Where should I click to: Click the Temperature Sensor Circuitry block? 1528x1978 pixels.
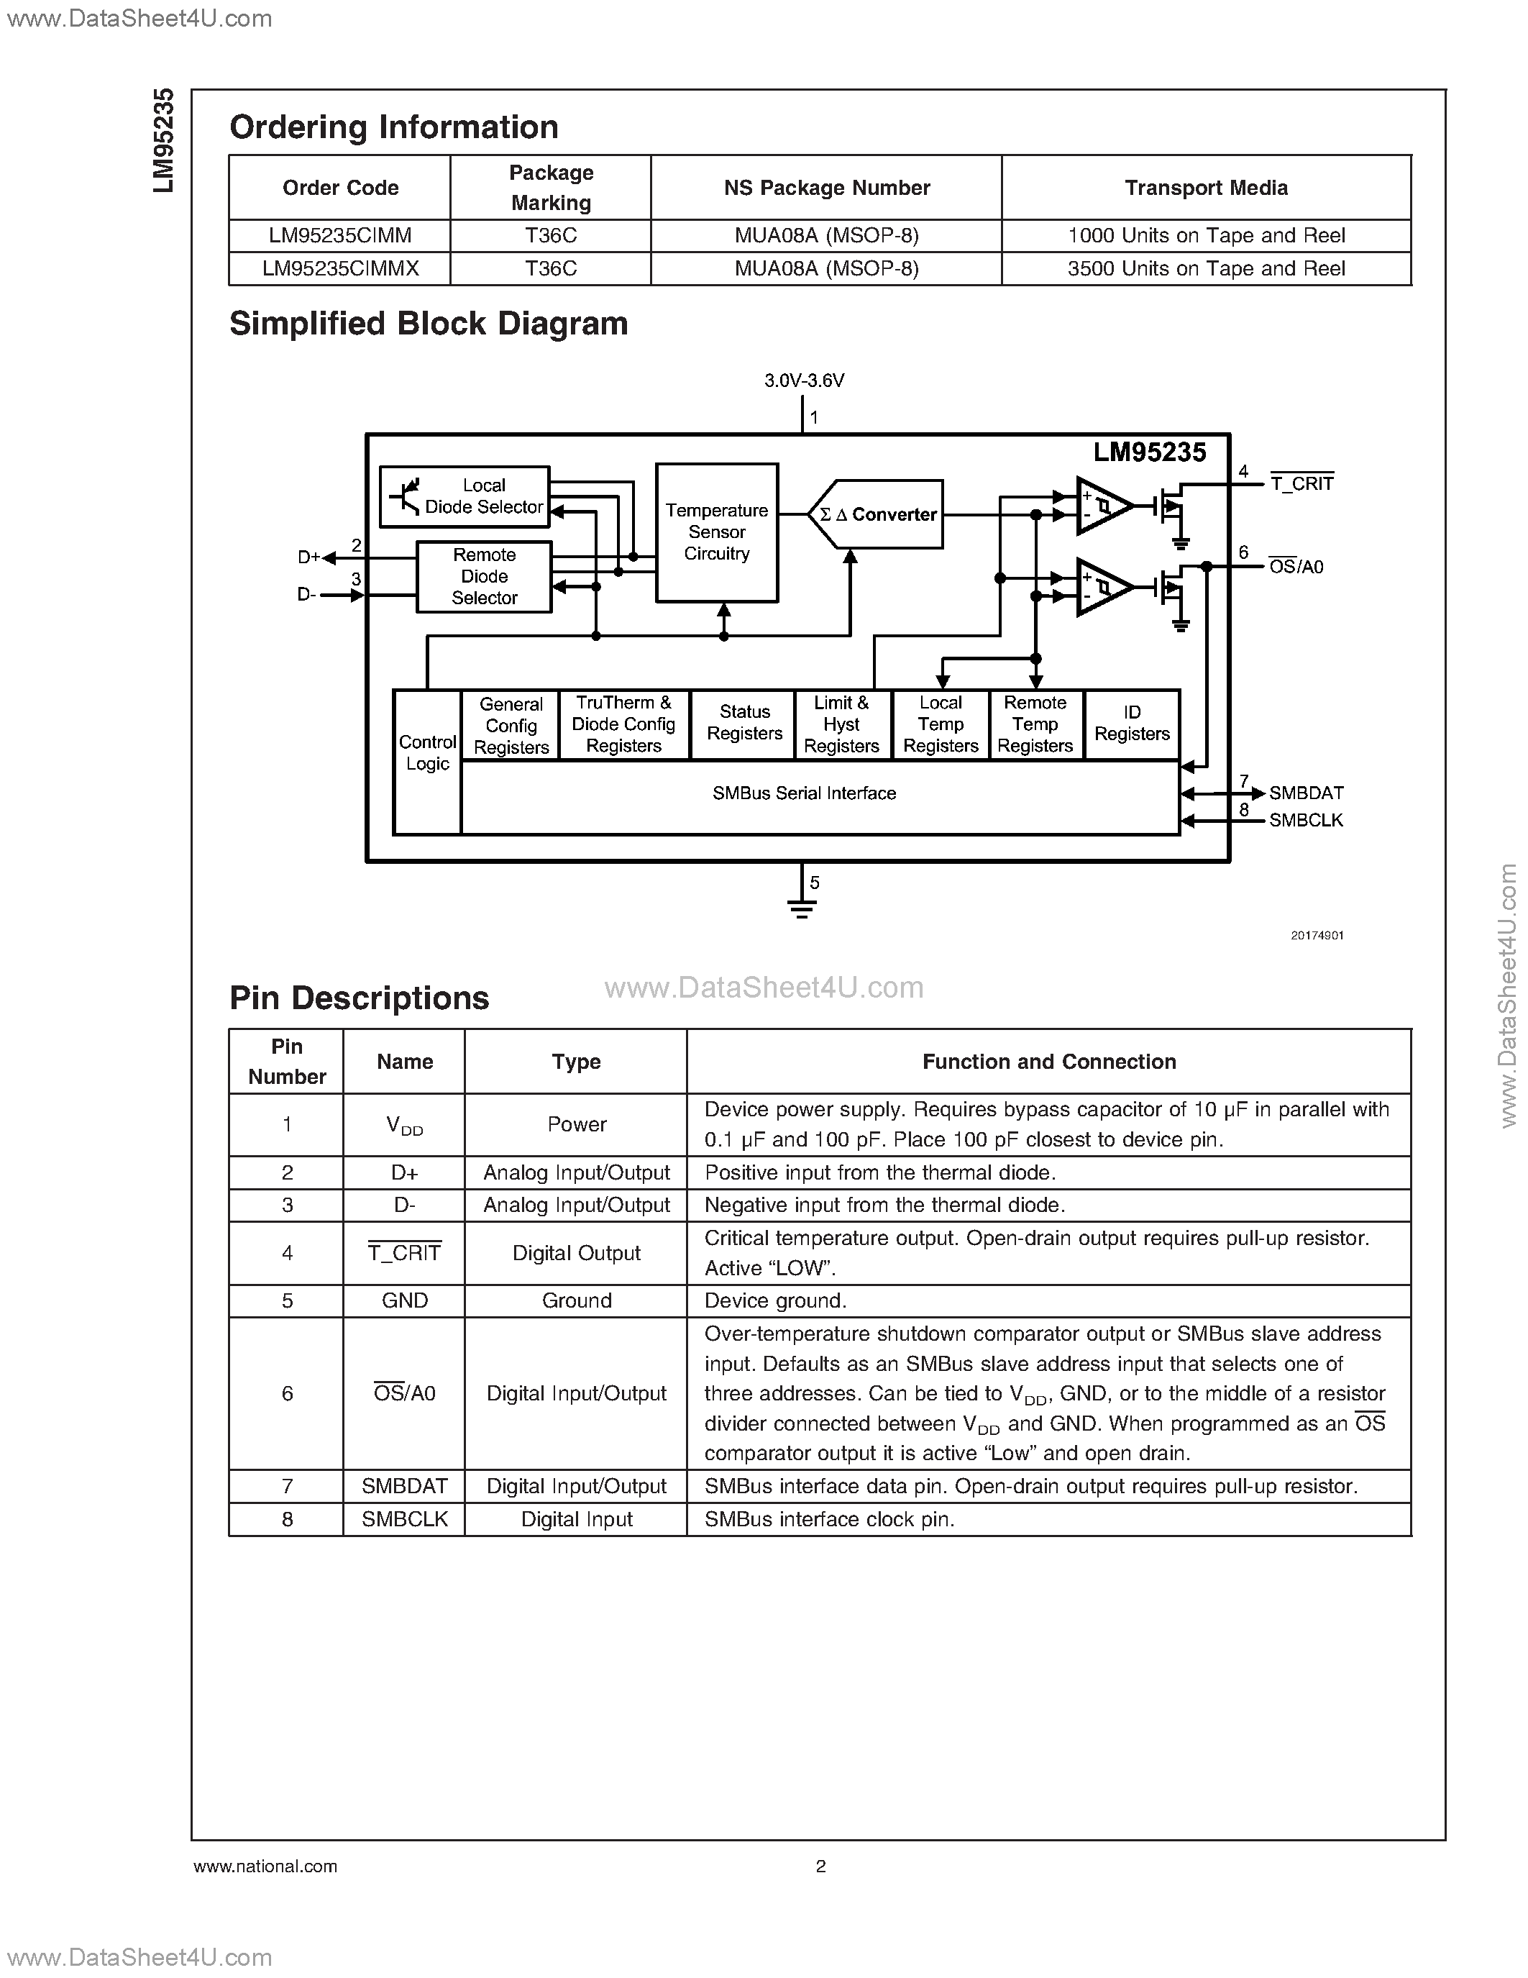point(716,532)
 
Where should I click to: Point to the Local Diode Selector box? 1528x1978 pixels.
point(465,496)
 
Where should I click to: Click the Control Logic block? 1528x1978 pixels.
point(427,754)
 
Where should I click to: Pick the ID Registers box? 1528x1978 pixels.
point(1132,724)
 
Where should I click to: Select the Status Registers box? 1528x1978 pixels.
point(744,724)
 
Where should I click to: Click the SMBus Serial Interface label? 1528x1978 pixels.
point(804,793)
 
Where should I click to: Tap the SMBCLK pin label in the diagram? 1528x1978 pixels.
point(1305,821)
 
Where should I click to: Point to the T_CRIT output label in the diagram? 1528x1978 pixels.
point(1301,483)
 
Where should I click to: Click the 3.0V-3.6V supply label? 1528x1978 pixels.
point(804,381)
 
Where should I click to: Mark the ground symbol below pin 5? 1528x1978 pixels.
point(802,908)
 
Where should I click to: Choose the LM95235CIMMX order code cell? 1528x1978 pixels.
point(340,269)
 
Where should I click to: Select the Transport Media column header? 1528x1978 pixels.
point(1206,188)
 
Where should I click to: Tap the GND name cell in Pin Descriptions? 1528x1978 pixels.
point(405,1300)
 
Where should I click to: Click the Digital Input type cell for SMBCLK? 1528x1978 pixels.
point(577,1520)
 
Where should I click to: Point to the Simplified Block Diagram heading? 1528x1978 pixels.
point(428,324)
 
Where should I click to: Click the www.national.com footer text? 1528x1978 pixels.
point(265,1866)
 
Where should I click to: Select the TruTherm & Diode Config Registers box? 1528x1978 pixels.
point(623,724)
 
